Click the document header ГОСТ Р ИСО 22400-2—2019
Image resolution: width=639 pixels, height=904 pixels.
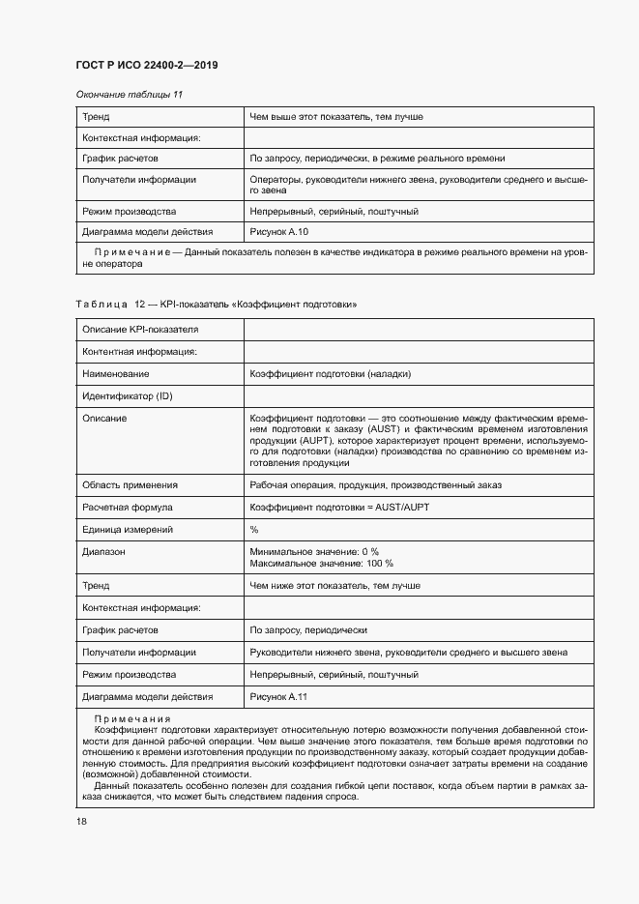point(146,65)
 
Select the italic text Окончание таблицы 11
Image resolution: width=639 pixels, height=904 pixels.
point(129,95)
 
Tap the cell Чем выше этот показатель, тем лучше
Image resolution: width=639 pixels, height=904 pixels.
point(335,117)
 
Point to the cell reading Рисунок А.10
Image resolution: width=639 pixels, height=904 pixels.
point(279,232)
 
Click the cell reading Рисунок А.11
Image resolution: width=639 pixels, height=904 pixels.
point(278,697)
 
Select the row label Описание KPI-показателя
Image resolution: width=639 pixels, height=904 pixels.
point(141,330)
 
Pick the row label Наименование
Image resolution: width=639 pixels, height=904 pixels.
point(116,373)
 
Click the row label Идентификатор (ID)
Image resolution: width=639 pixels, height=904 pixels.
point(128,396)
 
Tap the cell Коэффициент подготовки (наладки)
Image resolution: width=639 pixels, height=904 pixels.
point(330,373)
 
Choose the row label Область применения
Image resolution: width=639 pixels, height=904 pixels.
point(130,484)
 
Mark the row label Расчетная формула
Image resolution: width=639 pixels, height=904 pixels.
point(128,507)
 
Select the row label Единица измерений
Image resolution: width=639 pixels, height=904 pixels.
point(128,529)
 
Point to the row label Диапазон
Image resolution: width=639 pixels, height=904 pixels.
point(104,551)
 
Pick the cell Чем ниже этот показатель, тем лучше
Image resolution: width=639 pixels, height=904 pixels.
point(334,586)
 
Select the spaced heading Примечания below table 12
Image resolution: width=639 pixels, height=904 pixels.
point(131,719)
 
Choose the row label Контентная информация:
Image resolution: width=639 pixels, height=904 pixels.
point(139,351)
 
